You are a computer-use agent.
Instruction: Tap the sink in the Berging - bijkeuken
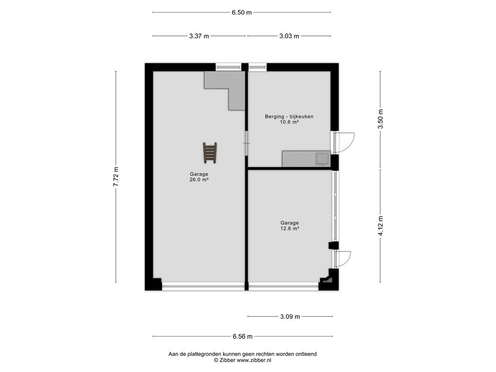tap(322, 159)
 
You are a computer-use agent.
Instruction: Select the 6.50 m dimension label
tap(242, 13)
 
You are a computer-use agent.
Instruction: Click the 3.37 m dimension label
tap(199, 36)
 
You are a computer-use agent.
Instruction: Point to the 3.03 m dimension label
tap(289, 36)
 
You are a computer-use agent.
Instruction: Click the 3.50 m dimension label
tap(381, 119)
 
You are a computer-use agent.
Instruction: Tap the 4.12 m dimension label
tap(381, 226)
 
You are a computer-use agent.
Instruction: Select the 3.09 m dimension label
tap(290, 317)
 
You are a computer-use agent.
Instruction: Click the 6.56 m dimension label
tap(243, 337)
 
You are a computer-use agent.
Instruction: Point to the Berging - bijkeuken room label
tap(289, 116)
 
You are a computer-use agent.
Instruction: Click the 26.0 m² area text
tap(199, 179)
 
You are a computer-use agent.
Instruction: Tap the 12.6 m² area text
tap(290, 229)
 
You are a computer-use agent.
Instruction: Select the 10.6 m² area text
tap(289, 122)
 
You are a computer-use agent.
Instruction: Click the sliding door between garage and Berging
tap(247, 143)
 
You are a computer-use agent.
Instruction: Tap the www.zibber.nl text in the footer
tap(254, 360)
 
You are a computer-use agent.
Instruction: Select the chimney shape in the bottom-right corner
tap(327, 279)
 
